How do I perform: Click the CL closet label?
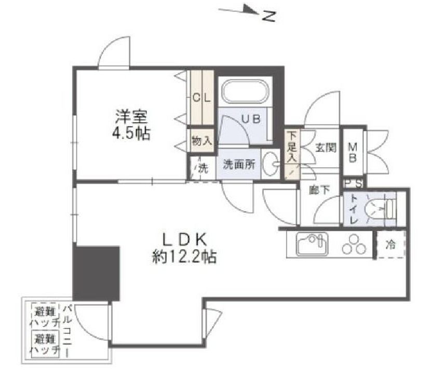coord(201,98)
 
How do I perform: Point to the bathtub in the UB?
coord(244,92)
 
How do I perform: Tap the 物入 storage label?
coord(201,140)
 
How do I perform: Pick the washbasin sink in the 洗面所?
coord(271,164)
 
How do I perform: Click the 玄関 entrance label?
coord(326,147)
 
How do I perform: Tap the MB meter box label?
coord(352,152)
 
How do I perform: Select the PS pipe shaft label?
coord(353,183)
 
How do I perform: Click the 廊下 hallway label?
coord(319,190)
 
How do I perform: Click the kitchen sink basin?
coord(312,244)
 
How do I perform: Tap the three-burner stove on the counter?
coord(354,243)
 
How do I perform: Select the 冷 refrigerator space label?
coord(391,244)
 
